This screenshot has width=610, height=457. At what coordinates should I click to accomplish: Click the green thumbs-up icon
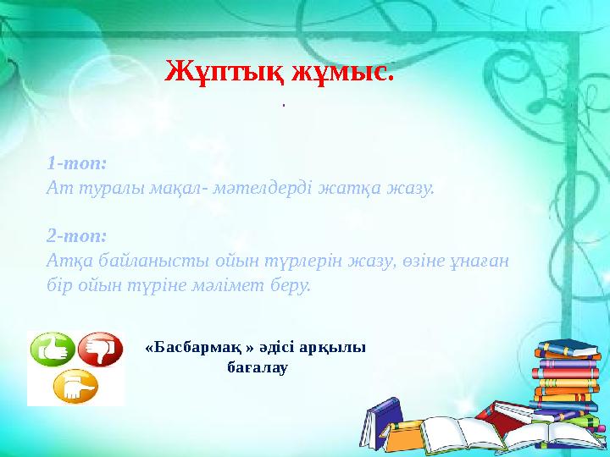pyautogui.click(x=52, y=350)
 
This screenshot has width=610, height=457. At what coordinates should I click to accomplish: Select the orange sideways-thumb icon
pyautogui.click(x=75, y=387)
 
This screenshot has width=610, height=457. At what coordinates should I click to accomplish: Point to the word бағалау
pyautogui.click(x=259, y=369)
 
